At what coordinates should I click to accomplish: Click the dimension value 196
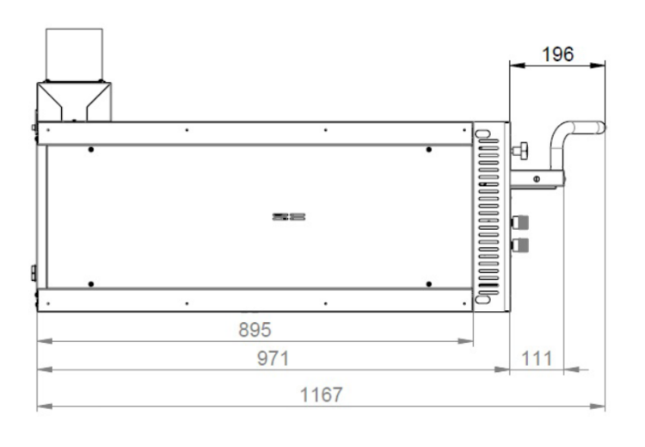[557, 54]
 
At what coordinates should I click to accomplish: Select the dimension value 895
[255, 330]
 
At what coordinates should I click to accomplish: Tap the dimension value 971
[273, 358]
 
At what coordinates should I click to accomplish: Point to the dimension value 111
[537, 358]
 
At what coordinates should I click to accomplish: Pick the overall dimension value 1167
[321, 394]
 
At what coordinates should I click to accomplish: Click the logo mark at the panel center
[289, 217]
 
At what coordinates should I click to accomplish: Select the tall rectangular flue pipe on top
[75, 55]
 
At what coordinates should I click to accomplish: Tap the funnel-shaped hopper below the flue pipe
[74, 102]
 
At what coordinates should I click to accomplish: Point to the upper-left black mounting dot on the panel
[91, 150]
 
